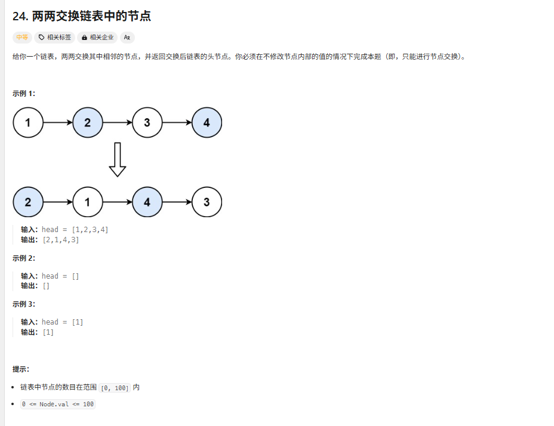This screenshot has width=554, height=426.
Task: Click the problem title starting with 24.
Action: coord(82,16)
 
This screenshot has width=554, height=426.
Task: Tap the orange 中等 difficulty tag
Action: coord(22,37)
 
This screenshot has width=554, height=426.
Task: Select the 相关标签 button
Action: coord(55,37)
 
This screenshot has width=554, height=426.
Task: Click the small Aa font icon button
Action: coord(127,37)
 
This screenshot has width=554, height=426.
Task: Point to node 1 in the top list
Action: coord(28,123)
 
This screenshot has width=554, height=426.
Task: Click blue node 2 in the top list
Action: coord(88,123)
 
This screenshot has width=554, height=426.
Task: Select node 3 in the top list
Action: coord(147,123)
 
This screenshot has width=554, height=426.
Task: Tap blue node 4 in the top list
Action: coord(207,123)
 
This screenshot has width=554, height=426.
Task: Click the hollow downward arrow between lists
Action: coord(118,159)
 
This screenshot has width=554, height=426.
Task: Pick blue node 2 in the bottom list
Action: coord(28,202)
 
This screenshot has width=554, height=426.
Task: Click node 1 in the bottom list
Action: coord(88,202)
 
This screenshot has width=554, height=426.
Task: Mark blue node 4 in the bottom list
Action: coord(147,202)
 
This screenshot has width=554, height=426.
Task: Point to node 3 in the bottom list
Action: coord(207,202)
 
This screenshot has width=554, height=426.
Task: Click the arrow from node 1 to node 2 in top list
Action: coord(58,123)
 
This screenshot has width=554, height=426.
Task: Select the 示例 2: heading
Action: coord(24,258)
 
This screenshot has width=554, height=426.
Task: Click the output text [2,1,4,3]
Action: coord(60,240)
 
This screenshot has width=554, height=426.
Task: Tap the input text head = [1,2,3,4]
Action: coord(75,230)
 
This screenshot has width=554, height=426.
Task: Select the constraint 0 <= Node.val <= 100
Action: coord(57,404)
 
